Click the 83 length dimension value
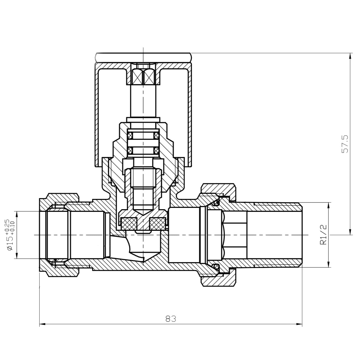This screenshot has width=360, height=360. [x=171, y=319]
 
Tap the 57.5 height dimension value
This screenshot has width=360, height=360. [x=345, y=144]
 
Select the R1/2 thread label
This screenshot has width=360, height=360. [x=323, y=234]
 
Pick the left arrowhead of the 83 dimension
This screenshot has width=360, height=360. [x=42, y=324]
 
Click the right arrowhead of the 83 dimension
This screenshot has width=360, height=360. [x=299, y=324]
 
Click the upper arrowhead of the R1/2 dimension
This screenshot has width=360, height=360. [x=329, y=205]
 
